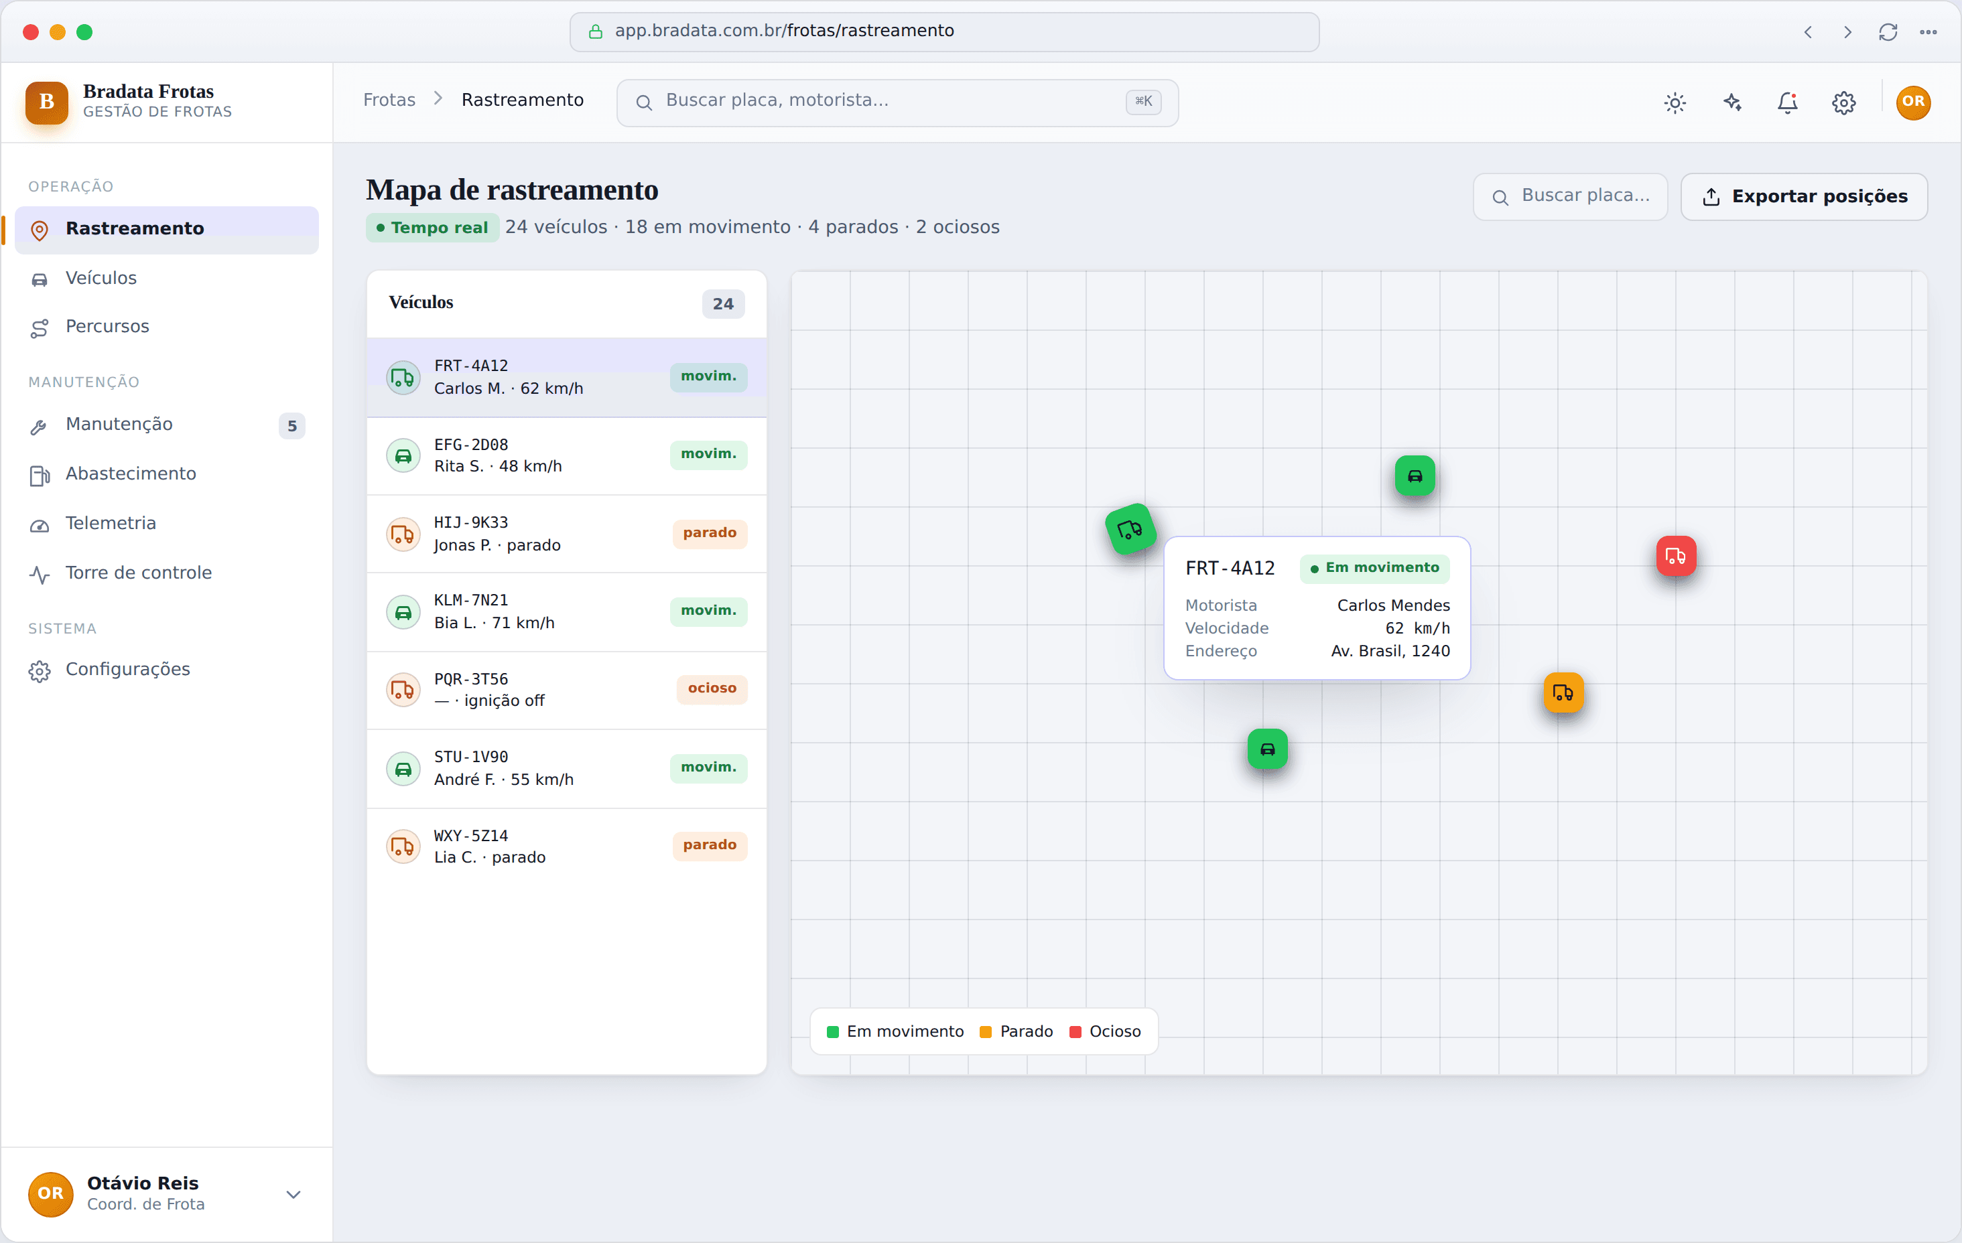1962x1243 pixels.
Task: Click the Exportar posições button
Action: [1804, 196]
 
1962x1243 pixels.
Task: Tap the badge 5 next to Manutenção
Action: [291, 425]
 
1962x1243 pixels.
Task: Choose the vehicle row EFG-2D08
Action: [566, 455]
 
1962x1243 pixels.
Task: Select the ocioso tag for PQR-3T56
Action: [712, 688]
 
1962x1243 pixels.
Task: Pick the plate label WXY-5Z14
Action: [471, 835]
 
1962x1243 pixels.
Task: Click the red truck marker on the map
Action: [1676, 557]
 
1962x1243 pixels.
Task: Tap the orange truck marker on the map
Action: [1563, 692]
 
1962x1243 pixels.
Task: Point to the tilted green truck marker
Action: [1130, 530]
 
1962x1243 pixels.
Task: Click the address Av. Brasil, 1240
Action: [1390, 651]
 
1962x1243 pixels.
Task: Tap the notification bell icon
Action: [1788, 102]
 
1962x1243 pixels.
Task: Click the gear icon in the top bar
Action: [1844, 102]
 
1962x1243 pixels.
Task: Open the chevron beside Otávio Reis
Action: [293, 1194]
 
